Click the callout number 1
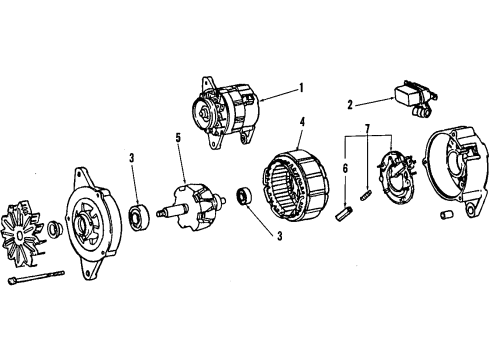(299, 87)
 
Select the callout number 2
(351, 103)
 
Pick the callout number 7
(367, 128)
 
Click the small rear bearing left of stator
(241, 194)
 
